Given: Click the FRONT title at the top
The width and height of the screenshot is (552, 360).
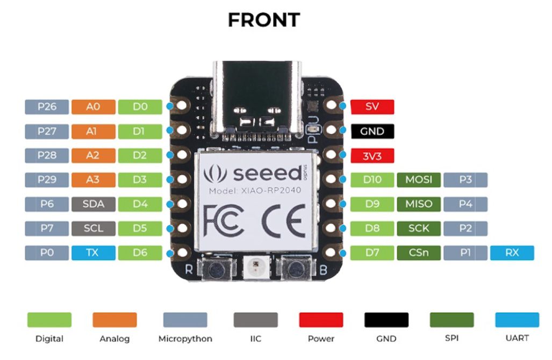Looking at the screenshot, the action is (264, 20).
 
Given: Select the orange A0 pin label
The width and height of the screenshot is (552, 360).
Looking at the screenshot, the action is (94, 106).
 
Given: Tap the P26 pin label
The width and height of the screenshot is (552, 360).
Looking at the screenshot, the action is (47, 106).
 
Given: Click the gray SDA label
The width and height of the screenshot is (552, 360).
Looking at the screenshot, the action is (94, 204).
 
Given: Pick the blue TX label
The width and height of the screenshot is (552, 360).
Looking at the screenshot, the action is (94, 253).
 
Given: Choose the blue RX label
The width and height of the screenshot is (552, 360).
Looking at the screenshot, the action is (512, 253).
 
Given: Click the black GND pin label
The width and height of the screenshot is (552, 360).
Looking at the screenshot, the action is (372, 131).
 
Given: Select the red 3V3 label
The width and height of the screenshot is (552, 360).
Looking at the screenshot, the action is (372, 155).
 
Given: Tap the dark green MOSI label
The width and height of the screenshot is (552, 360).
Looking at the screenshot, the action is (419, 180).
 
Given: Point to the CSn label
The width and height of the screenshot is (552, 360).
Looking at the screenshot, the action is (419, 253).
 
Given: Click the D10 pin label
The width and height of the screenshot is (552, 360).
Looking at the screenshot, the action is (372, 180).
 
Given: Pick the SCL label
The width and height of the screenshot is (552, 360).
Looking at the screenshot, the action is (94, 228).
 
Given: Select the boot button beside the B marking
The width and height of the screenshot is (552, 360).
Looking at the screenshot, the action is (296, 270).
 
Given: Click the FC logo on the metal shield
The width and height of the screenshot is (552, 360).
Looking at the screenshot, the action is (223, 221).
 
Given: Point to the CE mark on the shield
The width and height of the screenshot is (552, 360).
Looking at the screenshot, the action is (284, 221).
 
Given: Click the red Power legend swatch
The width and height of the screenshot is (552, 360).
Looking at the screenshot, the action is (321, 320).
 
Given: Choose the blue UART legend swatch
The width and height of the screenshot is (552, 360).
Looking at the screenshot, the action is (517, 320).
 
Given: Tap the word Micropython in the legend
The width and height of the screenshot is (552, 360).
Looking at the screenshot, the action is (185, 339).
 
